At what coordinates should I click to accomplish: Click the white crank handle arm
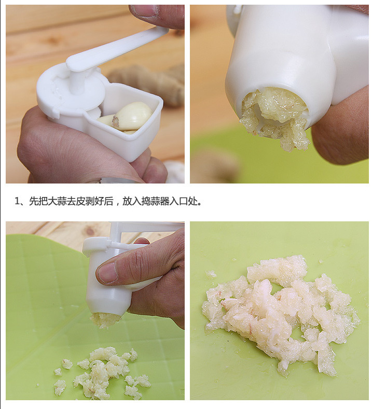(115, 50)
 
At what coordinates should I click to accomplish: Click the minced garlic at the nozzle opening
(274, 117)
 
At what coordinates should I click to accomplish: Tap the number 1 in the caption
(17, 201)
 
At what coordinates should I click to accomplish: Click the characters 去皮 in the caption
(76, 201)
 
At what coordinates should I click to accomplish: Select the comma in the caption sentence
(117, 204)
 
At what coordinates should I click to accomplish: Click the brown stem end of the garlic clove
(115, 121)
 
